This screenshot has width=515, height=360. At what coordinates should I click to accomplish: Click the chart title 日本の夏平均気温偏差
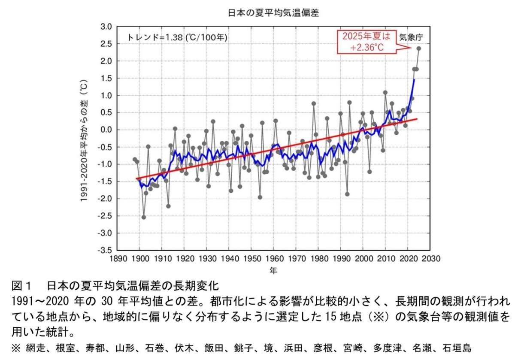pos(273,13)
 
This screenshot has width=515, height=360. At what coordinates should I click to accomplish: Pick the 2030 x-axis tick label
pos(431,259)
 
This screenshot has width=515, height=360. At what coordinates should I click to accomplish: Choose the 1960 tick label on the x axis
pos(274,259)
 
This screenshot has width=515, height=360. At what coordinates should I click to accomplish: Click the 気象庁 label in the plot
pos(411,37)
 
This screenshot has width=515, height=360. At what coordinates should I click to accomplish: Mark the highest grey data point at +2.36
pos(419,48)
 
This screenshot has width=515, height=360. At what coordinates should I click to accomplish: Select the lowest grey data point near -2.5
pos(144,217)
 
